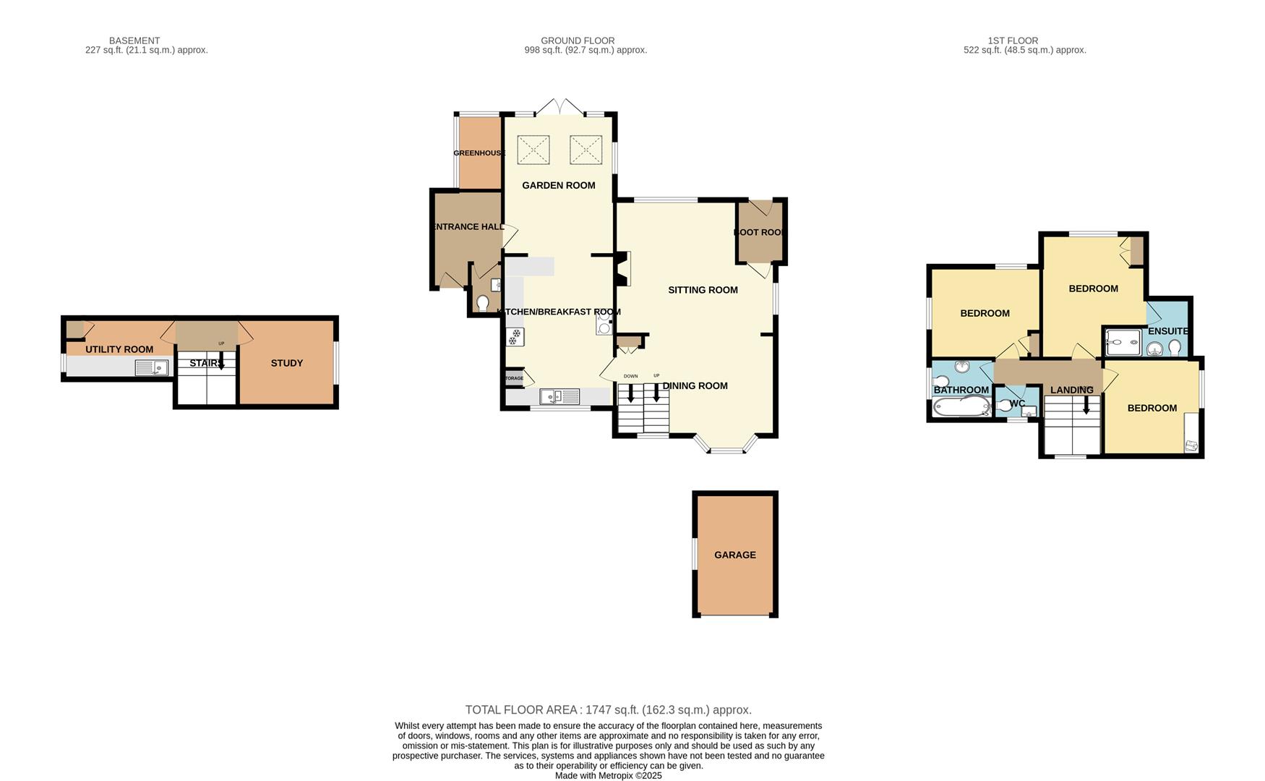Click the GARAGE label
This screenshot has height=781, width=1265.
[x=734, y=555]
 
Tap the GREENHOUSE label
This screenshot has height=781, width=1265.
[x=479, y=153]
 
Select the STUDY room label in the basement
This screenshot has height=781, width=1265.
[x=287, y=363]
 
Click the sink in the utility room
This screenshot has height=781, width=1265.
[x=151, y=368]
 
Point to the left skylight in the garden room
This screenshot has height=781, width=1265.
[x=533, y=150]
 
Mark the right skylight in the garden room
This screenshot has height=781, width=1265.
[x=586, y=150]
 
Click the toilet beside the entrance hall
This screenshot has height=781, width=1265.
[x=482, y=302]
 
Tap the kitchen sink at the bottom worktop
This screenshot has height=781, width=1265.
[x=559, y=396]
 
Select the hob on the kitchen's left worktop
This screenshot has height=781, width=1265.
[x=515, y=337]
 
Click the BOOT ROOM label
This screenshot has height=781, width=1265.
[x=760, y=232]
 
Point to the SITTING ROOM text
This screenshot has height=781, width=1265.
[x=703, y=290]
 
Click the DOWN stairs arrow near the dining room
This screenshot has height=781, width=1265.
[x=631, y=393]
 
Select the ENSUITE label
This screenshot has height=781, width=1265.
[x=1167, y=331]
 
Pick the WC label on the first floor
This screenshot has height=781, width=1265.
[x=1017, y=404]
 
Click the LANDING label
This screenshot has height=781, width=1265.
[x=1071, y=390]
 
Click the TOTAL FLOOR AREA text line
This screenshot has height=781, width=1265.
[x=608, y=710]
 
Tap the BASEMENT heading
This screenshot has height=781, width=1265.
[x=134, y=40]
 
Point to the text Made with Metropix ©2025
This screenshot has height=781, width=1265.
[x=608, y=775]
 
